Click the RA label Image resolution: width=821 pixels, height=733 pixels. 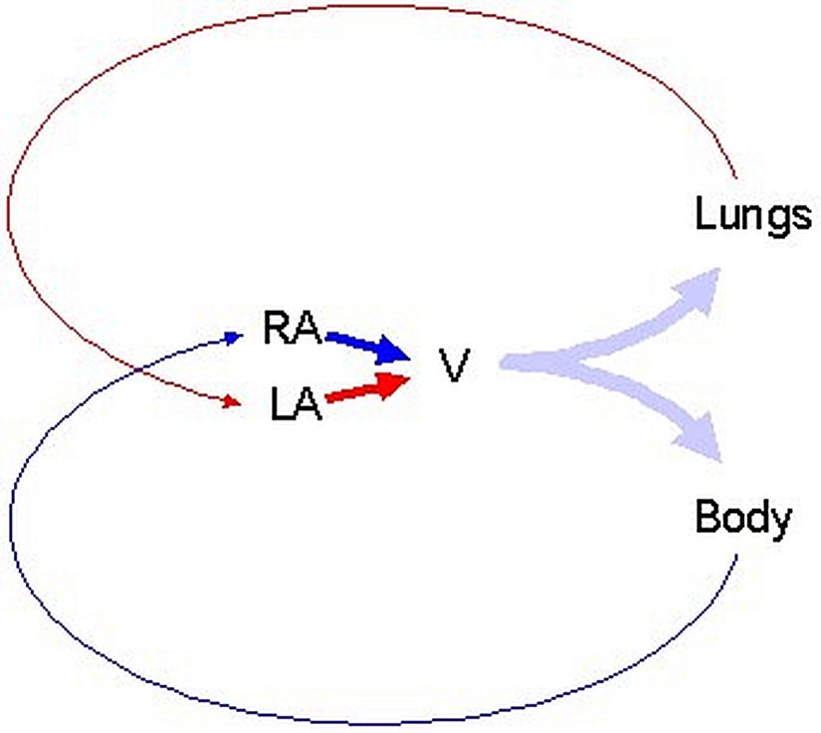[291, 328]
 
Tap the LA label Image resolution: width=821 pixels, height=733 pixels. [297, 404]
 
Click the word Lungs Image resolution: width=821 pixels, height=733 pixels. [753, 215]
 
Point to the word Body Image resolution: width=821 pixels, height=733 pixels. [743, 518]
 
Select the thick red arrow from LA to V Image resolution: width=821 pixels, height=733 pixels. [364, 390]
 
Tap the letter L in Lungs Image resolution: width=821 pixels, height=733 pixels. [703, 213]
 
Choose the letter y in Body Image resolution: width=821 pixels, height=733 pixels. [781, 522]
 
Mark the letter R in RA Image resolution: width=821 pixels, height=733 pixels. [278, 328]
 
